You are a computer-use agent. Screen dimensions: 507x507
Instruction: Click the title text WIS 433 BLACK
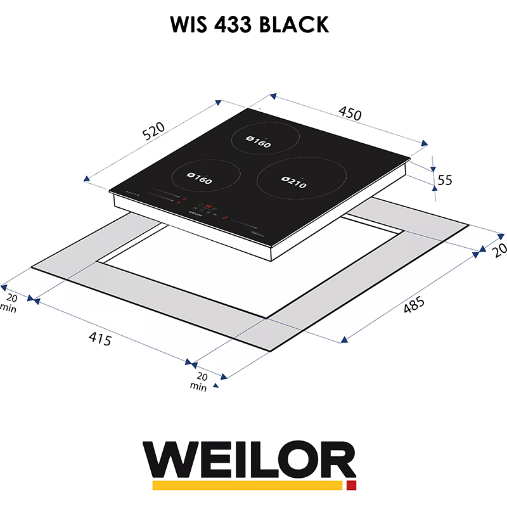(x=249, y=25)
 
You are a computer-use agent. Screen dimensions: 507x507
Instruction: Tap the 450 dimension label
(x=350, y=114)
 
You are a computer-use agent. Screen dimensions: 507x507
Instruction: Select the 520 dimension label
(x=153, y=131)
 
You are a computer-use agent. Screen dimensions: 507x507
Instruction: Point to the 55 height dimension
(x=446, y=180)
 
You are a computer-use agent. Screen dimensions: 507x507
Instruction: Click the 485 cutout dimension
(x=413, y=305)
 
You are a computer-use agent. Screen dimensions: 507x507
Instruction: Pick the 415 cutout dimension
(x=99, y=340)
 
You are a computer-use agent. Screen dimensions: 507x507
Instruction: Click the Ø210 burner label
(x=293, y=184)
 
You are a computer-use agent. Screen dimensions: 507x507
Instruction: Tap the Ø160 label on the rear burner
(x=258, y=144)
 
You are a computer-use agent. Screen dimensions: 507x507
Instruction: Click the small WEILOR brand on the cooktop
(x=196, y=214)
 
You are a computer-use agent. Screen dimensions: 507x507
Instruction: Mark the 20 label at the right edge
(x=499, y=250)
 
